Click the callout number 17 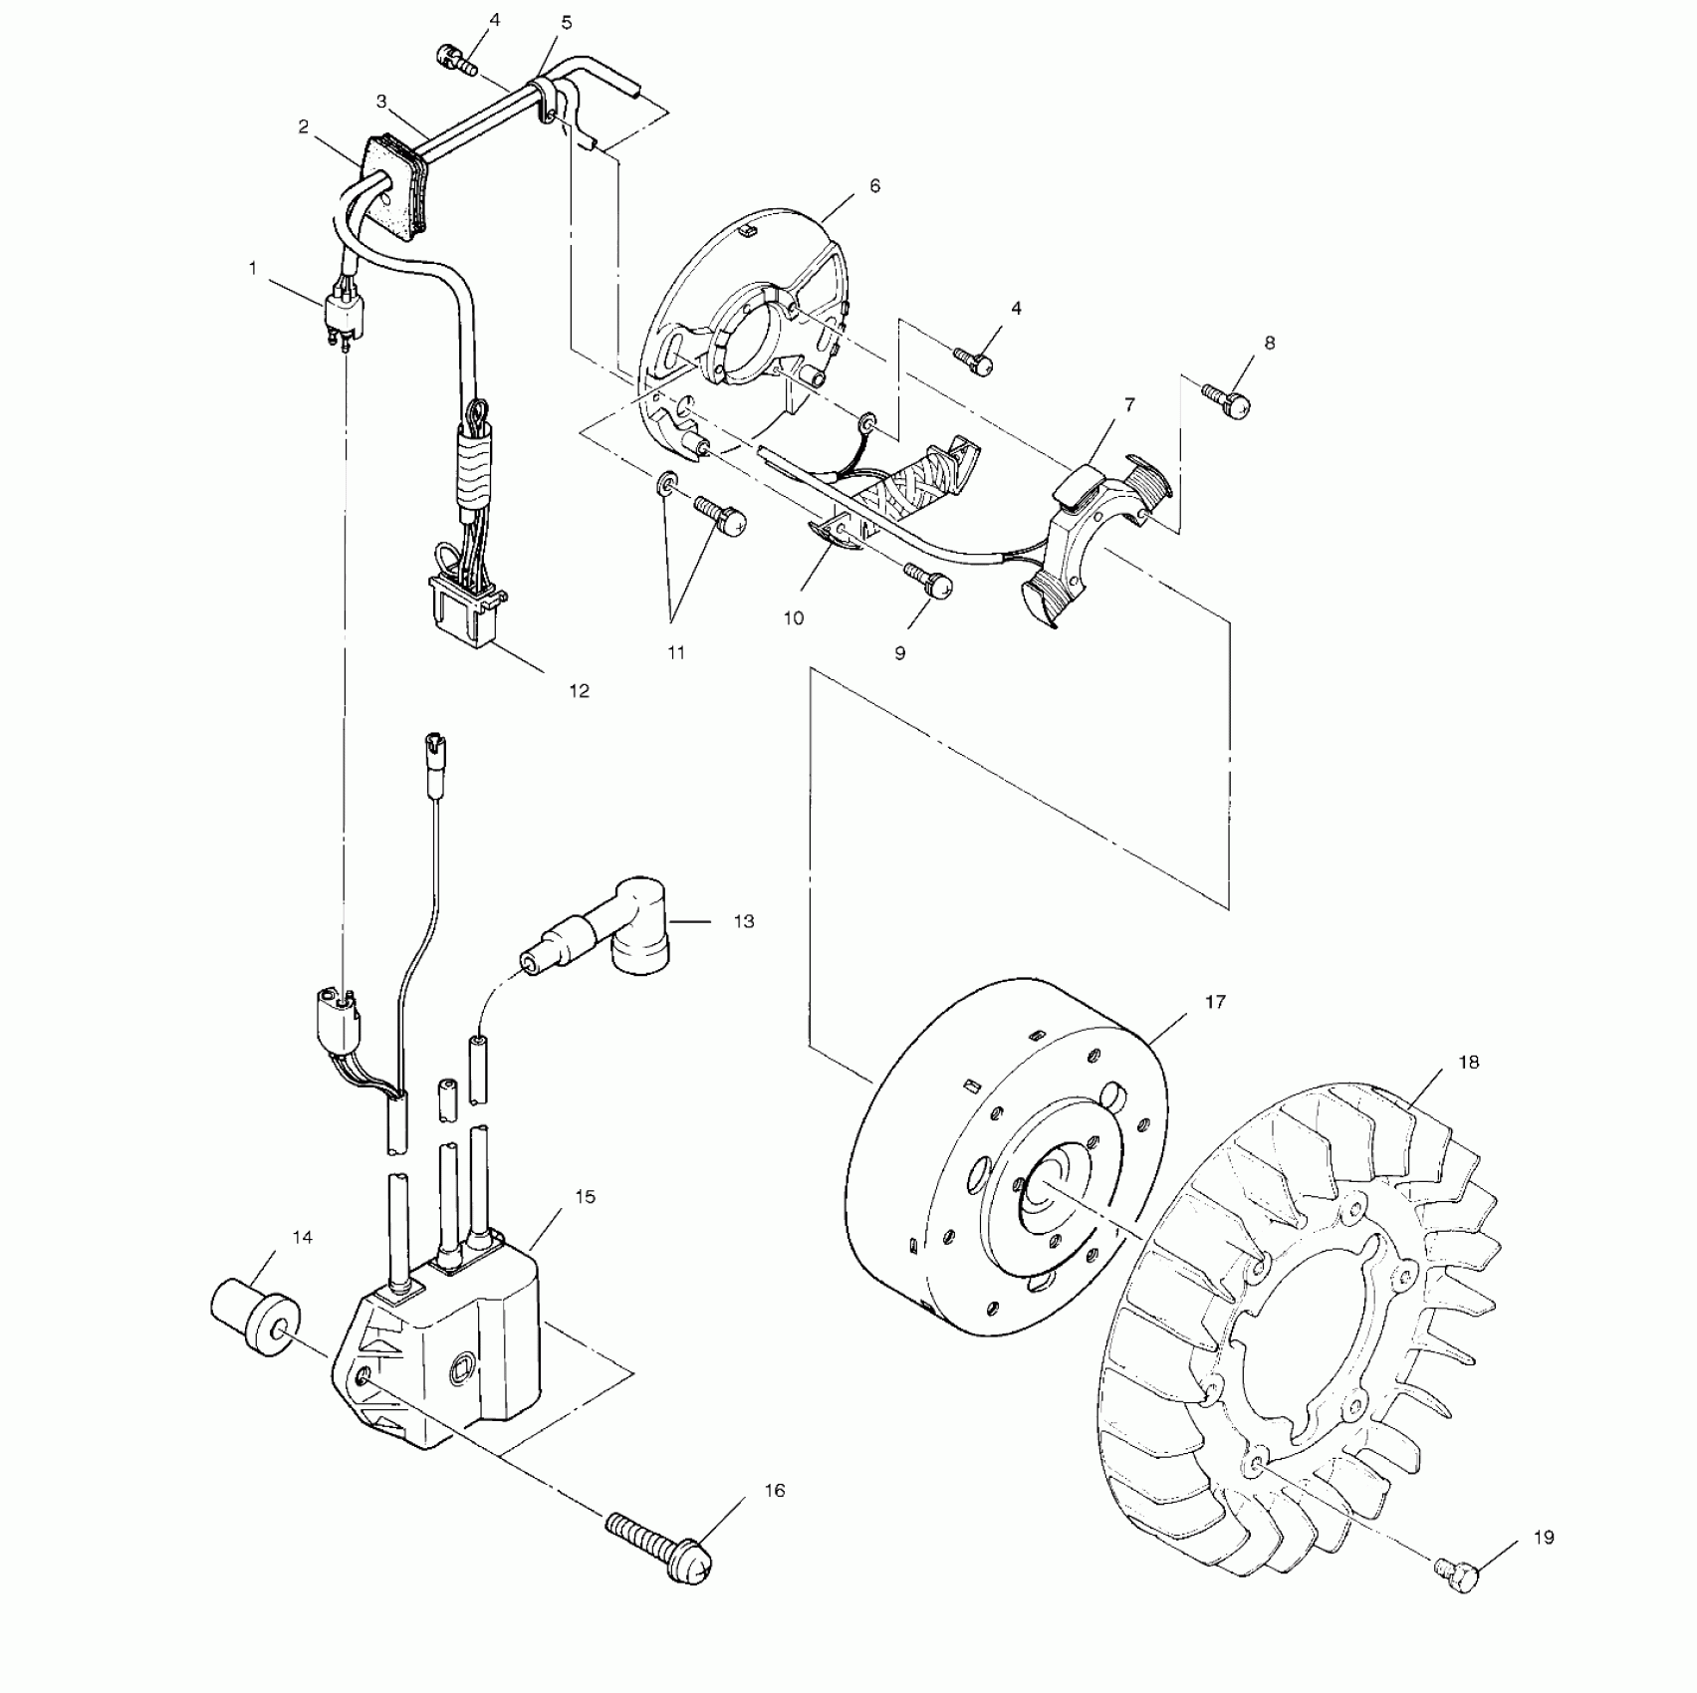pos(1215,1002)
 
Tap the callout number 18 pos(1469,1063)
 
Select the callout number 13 pos(744,922)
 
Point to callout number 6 pos(874,186)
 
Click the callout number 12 pos(579,691)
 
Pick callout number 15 pos(586,1196)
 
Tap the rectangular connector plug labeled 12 pos(463,611)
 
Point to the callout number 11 pos(676,653)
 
